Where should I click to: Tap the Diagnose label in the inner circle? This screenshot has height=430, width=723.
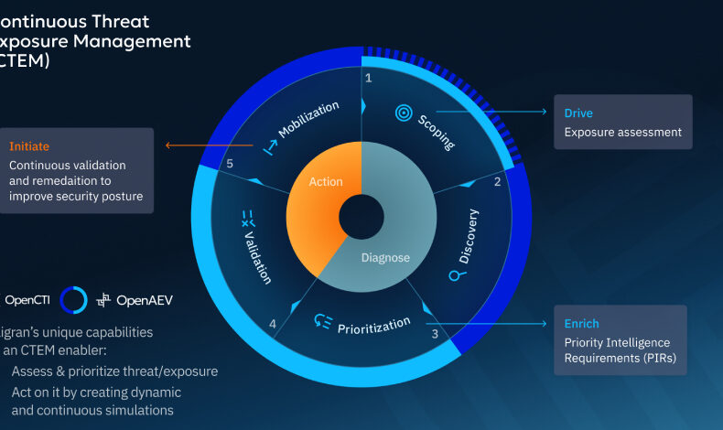point(385,257)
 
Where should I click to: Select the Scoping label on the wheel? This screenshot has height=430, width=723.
point(437,133)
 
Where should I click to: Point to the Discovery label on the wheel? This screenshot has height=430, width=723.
point(468,236)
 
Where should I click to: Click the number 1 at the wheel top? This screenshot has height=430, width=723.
point(368,79)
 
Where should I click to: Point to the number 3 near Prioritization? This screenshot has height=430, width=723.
point(435,334)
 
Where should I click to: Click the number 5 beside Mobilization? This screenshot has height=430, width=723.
point(231,164)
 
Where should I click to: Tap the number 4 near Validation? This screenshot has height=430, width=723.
point(273,322)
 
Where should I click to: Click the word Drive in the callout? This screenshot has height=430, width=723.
point(578,113)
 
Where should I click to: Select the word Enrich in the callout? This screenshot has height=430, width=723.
point(581,324)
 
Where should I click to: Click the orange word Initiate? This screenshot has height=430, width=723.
point(29,146)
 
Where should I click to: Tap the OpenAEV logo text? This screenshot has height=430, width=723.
point(145,299)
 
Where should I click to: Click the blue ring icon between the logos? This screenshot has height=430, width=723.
point(73,299)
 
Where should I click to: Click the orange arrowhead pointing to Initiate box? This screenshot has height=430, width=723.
point(167,145)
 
